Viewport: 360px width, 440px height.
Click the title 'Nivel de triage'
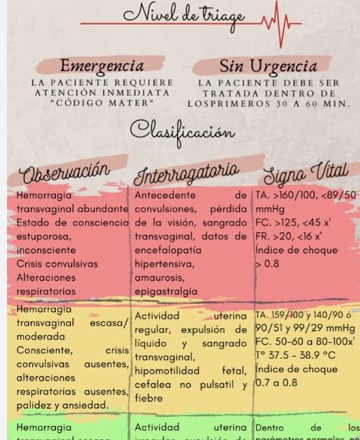click(183, 15)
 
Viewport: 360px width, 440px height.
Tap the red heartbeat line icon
click(278, 25)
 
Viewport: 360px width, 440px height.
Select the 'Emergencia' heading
click(102, 66)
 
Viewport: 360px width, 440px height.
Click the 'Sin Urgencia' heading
click(268, 66)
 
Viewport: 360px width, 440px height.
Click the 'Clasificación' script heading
click(182, 131)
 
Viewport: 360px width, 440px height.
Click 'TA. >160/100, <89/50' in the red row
click(306, 195)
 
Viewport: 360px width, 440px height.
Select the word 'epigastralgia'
click(165, 291)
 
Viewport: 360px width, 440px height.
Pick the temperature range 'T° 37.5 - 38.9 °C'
click(296, 355)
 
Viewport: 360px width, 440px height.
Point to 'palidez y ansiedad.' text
click(62, 405)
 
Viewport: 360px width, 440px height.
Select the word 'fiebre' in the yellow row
click(148, 398)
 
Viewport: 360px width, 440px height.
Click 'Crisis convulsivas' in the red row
click(57, 264)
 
